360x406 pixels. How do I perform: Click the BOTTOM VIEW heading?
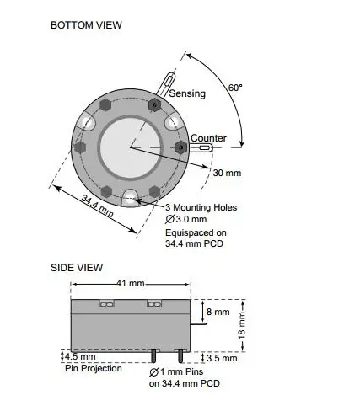(86, 25)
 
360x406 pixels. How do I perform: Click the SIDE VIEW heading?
(77, 268)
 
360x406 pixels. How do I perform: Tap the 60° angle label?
(235, 88)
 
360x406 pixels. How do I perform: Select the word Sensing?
(187, 93)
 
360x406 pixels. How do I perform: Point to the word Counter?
(208, 138)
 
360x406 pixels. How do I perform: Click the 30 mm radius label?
(227, 173)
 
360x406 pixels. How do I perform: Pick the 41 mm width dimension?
(131, 283)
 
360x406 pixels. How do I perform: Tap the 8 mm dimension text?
(218, 312)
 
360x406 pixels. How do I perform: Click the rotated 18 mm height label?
(242, 325)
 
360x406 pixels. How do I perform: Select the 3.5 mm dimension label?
(222, 358)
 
